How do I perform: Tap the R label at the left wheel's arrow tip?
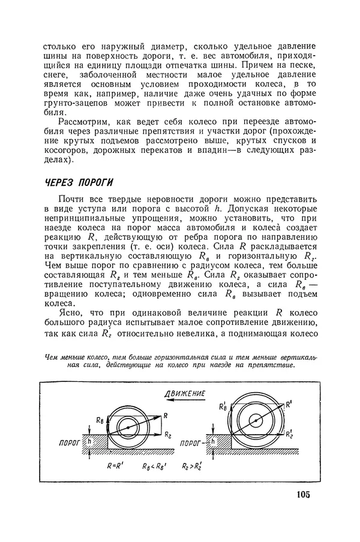[x=165, y=414]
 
